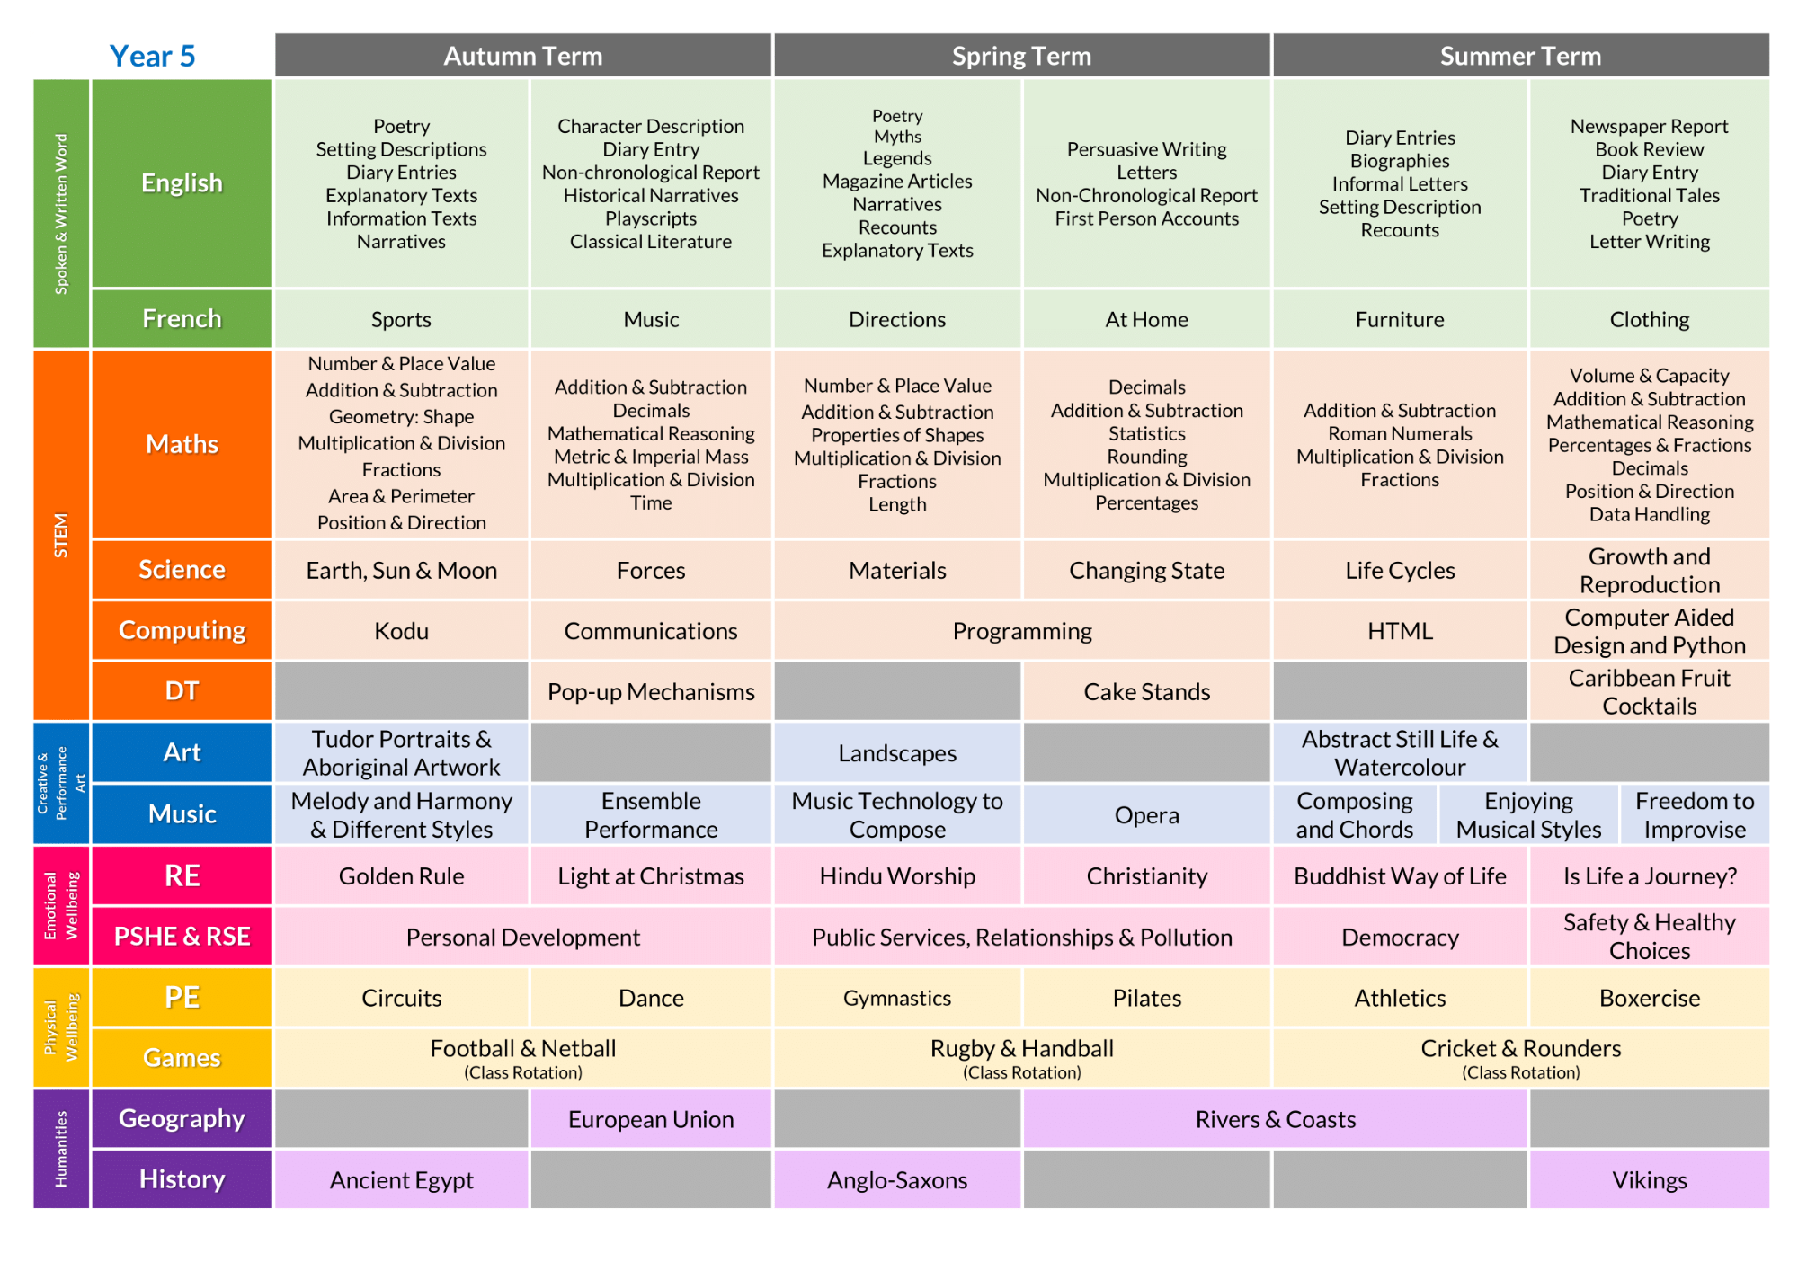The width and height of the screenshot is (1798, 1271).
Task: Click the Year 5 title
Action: click(x=152, y=56)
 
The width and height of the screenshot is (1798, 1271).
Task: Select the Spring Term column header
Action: click(x=1021, y=56)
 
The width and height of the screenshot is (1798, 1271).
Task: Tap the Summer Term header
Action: click(x=1520, y=56)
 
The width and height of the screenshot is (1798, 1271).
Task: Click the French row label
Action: click(x=182, y=318)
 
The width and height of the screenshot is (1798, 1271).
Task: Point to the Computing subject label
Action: click(x=182, y=630)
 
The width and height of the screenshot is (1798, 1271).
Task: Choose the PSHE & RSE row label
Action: click(x=182, y=937)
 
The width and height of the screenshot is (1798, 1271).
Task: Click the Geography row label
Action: click(x=182, y=1118)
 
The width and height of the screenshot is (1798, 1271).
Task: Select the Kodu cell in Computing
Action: click(x=402, y=631)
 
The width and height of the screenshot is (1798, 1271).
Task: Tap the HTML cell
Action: click(x=1400, y=631)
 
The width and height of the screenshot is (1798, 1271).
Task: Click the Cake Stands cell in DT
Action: click(x=1146, y=691)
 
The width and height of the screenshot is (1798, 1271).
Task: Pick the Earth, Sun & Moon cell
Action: click(x=402, y=570)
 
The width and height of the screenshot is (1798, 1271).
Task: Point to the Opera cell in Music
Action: click(x=1146, y=814)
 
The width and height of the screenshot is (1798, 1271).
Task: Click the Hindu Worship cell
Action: click(x=897, y=875)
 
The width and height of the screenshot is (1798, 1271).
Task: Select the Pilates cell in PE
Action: click(x=1146, y=998)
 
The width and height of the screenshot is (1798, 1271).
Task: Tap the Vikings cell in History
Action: click(x=1649, y=1179)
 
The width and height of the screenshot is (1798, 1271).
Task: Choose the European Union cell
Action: click(x=651, y=1119)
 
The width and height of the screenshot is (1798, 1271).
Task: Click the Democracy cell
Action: click(x=1400, y=938)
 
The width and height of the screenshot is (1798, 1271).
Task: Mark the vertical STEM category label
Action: click(x=61, y=535)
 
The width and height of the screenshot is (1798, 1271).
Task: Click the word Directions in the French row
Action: click(x=897, y=319)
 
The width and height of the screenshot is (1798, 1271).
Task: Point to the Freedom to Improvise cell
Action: click(x=1695, y=814)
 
